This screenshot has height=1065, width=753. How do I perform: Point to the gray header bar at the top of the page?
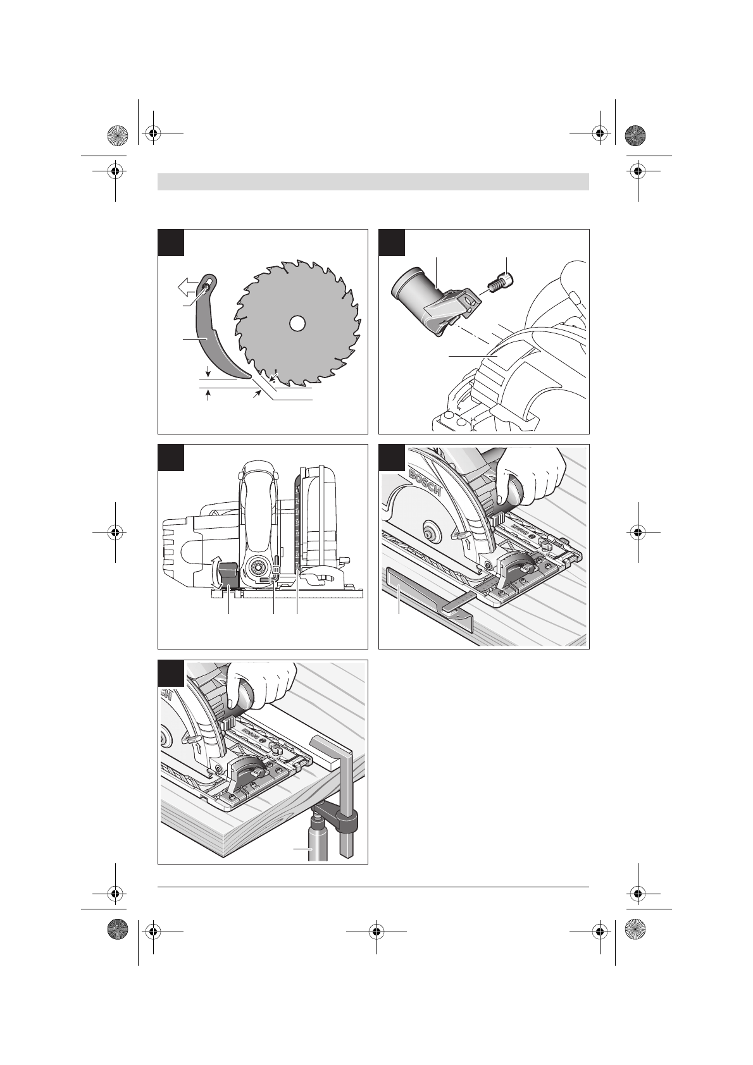(x=373, y=182)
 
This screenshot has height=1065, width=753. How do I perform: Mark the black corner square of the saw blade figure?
(x=171, y=243)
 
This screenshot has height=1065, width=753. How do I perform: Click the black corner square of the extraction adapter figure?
(x=392, y=243)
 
